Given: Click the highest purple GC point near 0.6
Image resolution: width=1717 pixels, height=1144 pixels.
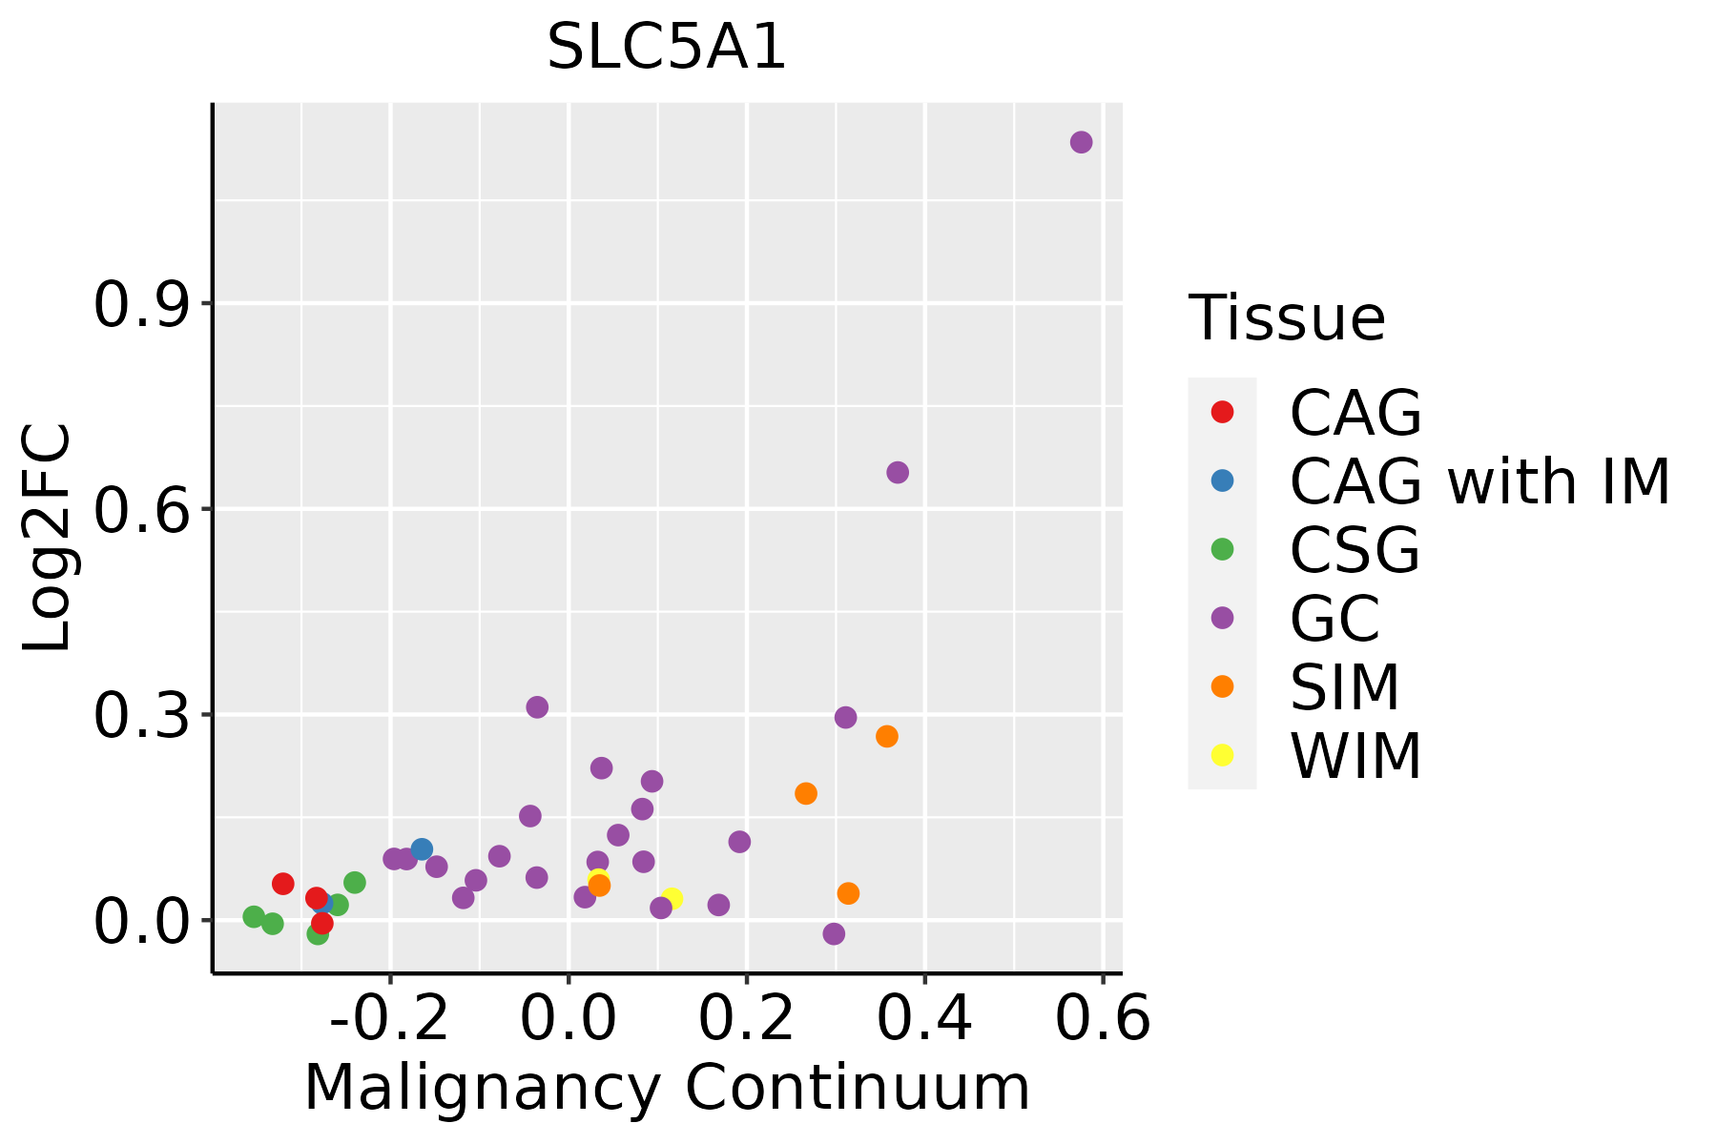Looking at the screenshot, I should click(x=1081, y=142).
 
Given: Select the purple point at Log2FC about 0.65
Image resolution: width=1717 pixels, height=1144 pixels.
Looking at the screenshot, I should click(x=898, y=472).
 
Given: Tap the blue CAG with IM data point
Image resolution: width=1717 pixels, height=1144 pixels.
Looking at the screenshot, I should click(x=422, y=848).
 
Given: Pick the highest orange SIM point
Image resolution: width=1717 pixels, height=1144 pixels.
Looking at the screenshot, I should click(x=887, y=736).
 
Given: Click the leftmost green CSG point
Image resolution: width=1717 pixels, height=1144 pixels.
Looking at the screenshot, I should click(x=254, y=916).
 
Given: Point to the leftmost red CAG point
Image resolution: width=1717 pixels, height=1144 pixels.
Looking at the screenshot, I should click(x=283, y=884).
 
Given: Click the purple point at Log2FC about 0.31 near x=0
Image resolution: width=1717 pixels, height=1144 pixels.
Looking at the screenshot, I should click(x=537, y=706).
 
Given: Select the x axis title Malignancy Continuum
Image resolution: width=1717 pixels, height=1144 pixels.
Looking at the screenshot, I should click(x=667, y=1088).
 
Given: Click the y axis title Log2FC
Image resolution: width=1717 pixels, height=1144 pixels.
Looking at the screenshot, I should click(x=48, y=539).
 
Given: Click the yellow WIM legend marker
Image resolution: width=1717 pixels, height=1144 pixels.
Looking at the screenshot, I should click(x=1222, y=755).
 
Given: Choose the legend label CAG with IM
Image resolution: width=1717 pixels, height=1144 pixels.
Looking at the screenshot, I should click(x=1479, y=481).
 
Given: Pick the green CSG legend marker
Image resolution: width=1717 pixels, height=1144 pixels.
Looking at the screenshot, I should click(x=1222, y=549).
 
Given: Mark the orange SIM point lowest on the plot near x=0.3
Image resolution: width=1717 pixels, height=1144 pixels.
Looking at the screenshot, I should click(x=848, y=893).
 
